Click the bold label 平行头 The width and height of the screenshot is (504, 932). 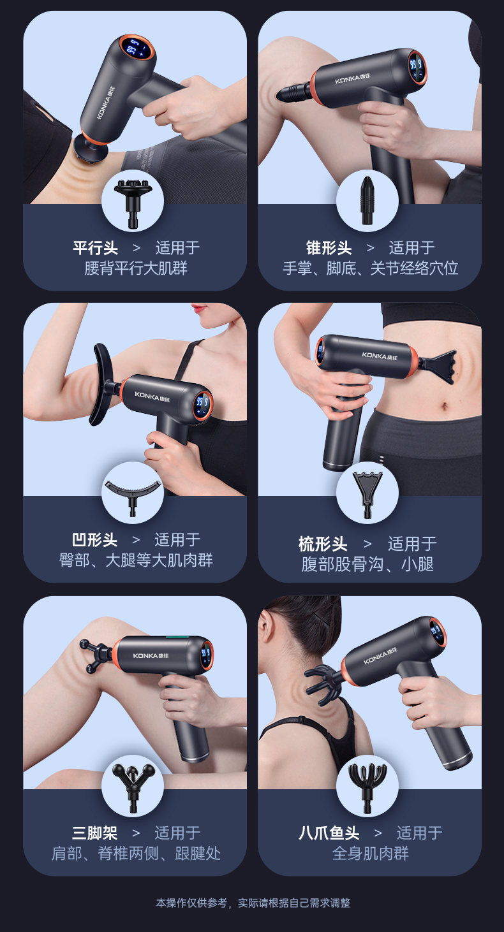coord(96,248)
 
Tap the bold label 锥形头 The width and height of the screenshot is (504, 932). coord(329,248)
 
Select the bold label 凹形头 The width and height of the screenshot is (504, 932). coord(95,540)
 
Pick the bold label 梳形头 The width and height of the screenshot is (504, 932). coord(323,544)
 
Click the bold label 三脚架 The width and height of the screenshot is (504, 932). coord(95,833)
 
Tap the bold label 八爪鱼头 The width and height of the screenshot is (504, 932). coord(329,833)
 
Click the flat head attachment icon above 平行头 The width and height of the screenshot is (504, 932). coord(133,200)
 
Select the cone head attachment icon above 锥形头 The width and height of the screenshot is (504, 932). coord(367,200)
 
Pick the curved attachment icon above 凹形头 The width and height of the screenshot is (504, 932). coord(133,493)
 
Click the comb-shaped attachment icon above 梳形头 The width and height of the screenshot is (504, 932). coord(367,493)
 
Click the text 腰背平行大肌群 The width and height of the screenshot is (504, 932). coord(136,268)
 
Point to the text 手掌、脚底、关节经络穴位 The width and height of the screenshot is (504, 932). coord(370,268)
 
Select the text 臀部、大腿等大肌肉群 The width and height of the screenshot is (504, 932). coord(136,560)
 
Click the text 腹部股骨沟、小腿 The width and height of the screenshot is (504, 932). coord(367,564)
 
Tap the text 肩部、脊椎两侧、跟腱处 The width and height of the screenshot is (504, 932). coord(136,853)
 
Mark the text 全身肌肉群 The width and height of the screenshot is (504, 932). coord(370,853)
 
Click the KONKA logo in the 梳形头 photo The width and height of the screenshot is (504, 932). coord(378,354)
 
